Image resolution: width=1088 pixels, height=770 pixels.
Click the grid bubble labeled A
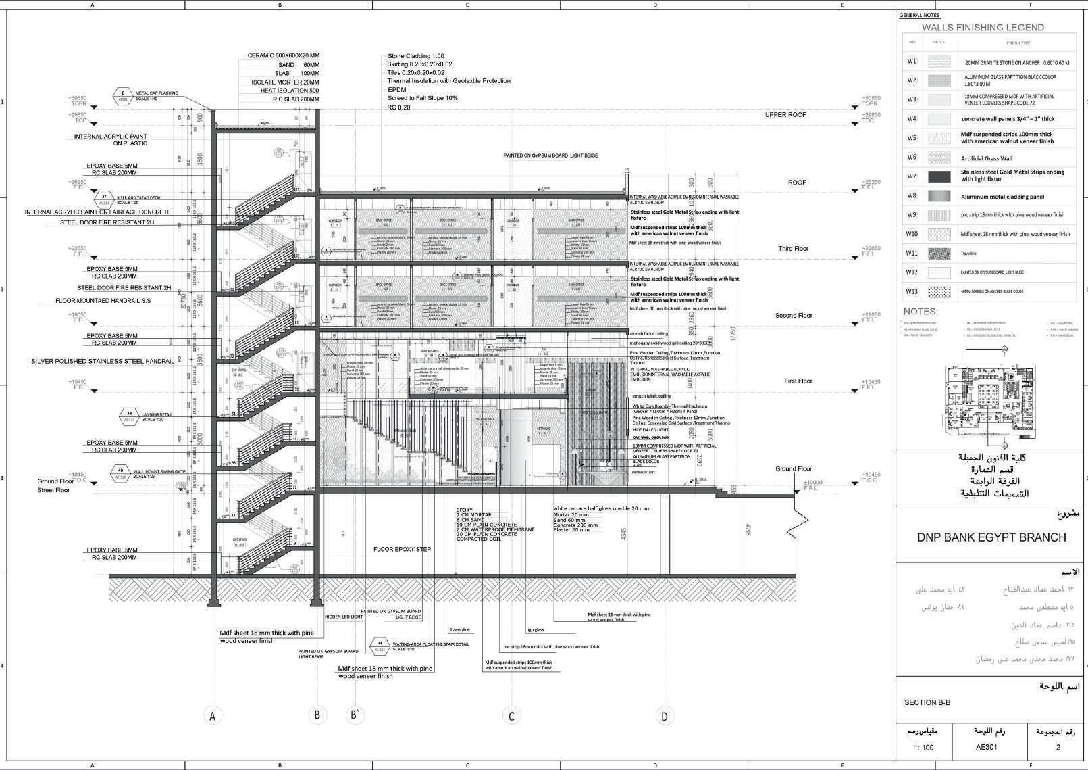point(213,716)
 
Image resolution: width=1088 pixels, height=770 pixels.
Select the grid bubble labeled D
point(665,716)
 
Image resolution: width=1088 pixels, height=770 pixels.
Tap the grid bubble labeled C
point(512,716)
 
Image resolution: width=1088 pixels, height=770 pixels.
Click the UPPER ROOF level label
point(785,115)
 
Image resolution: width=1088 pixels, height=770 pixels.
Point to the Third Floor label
point(793,249)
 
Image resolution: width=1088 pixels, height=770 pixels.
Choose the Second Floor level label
point(794,316)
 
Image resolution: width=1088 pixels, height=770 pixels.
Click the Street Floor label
point(53,490)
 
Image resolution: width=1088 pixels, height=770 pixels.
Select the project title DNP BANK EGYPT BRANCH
point(991,538)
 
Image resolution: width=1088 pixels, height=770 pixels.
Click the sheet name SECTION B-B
point(927,702)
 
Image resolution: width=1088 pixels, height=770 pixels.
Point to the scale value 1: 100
point(923,747)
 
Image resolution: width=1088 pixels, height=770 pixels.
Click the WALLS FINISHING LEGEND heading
point(983,28)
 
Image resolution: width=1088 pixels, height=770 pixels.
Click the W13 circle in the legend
point(912,292)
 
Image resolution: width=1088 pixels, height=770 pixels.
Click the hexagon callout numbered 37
point(104,197)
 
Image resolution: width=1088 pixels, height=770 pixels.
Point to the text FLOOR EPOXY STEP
point(402,549)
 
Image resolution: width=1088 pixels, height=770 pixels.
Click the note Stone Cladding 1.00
point(416,56)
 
